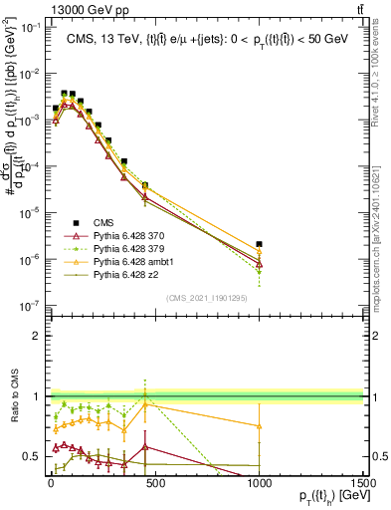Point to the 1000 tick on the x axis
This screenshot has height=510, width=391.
pos(259,481)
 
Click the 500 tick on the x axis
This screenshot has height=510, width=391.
pos(154,481)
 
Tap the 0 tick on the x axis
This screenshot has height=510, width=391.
pos(51,481)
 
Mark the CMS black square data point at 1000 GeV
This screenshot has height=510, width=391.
pos(259,244)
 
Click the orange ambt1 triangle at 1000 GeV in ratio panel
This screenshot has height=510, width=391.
pos(259,425)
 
